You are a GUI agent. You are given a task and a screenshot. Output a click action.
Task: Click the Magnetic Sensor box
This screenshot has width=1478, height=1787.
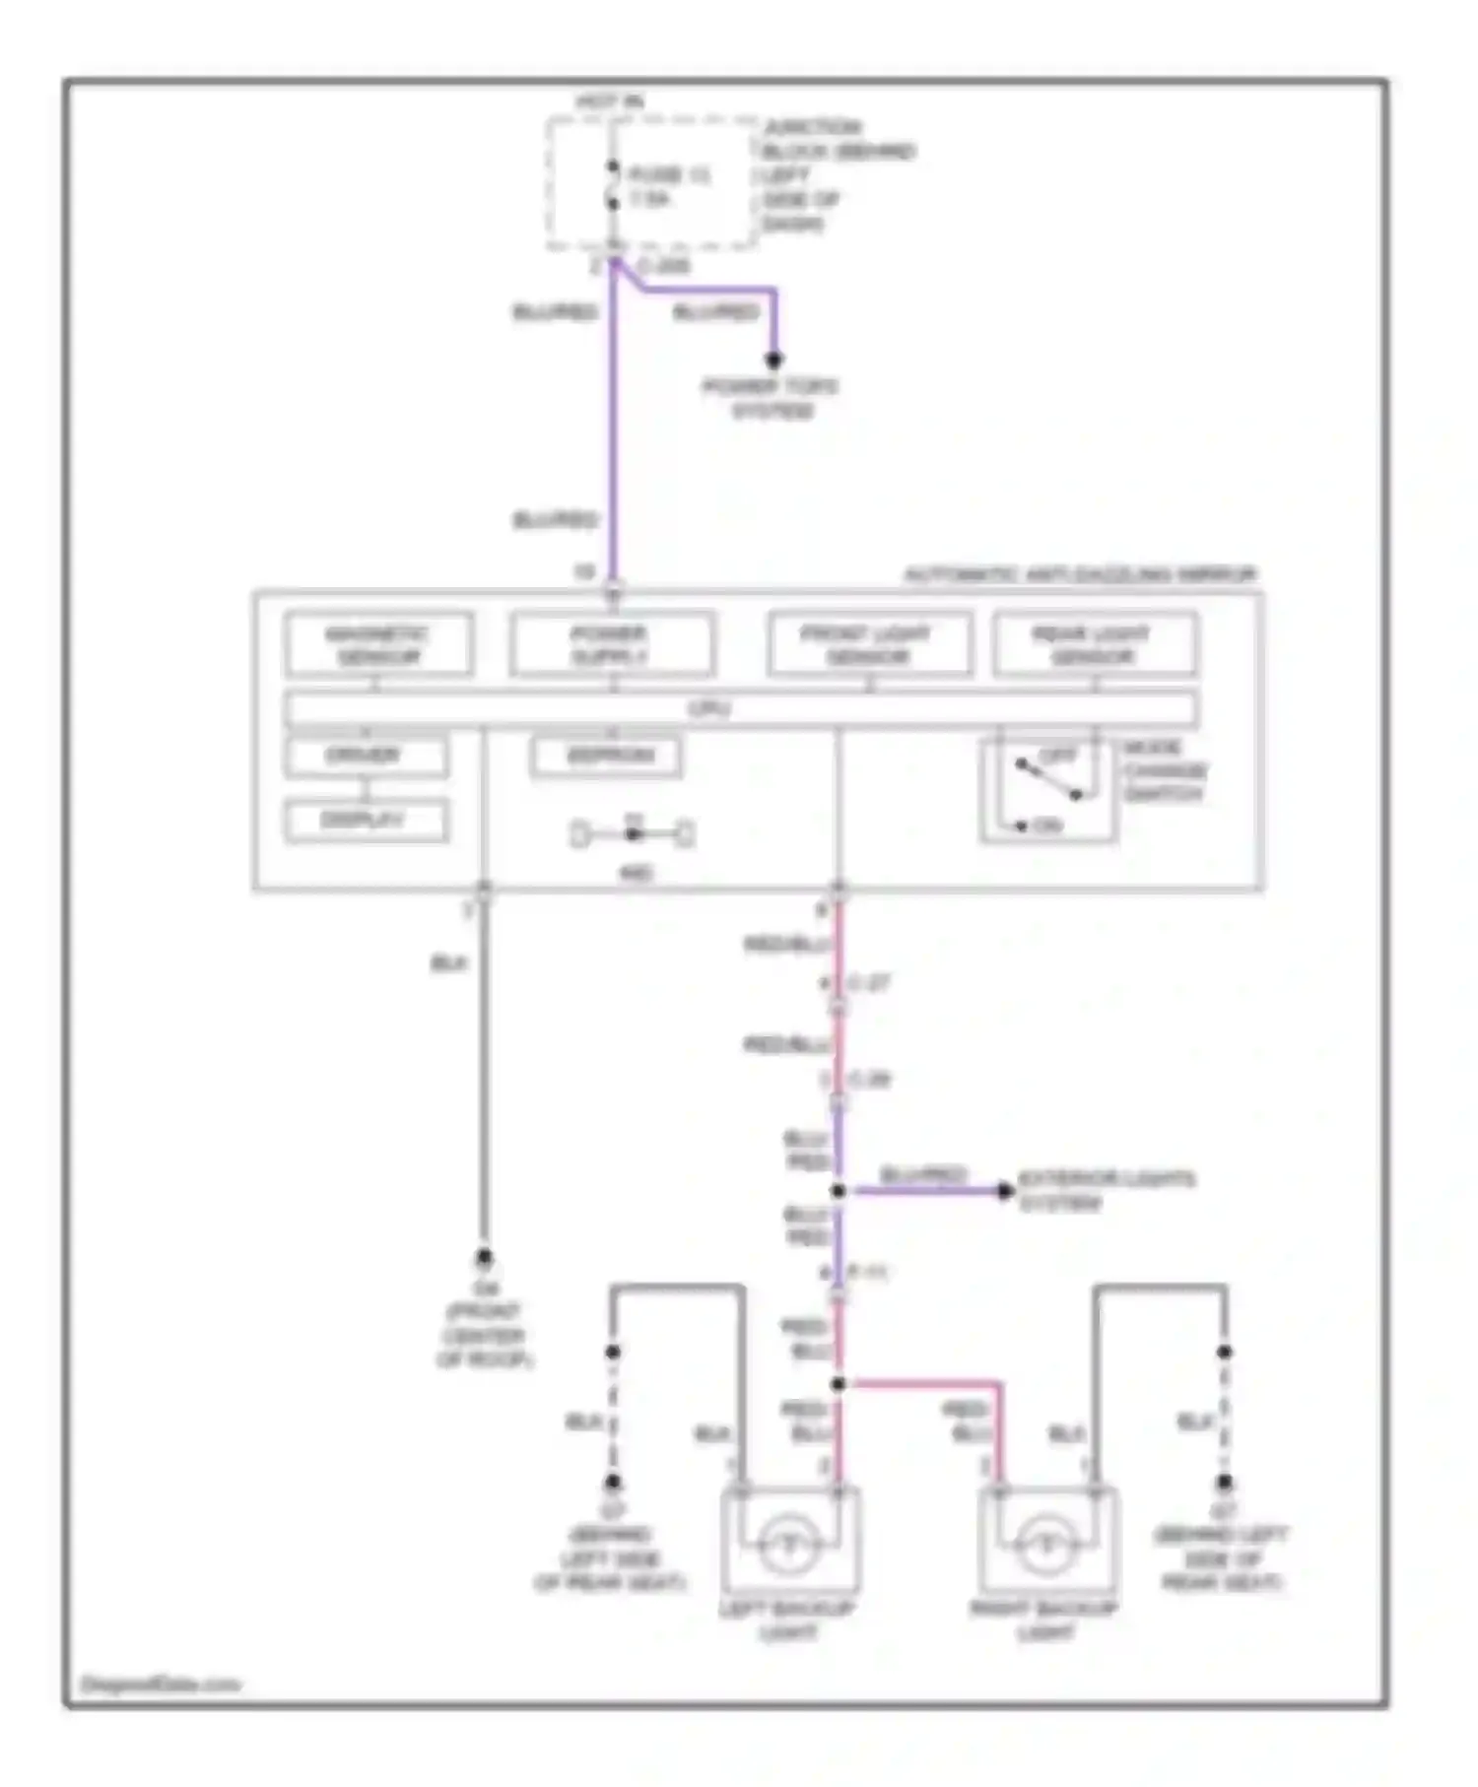point(378,644)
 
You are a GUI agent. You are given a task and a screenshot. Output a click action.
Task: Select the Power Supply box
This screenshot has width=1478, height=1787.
point(611,644)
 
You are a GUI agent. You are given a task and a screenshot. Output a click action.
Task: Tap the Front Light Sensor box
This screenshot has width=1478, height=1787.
point(869,644)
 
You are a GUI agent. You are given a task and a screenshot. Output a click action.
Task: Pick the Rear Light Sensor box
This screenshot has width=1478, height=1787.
point(1095,644)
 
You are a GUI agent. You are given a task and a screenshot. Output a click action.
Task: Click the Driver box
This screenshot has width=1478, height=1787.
point(366,756)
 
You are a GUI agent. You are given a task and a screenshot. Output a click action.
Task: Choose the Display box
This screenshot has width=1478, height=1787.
point(366,820)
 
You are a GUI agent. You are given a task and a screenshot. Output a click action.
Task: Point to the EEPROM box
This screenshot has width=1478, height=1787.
point(606,756)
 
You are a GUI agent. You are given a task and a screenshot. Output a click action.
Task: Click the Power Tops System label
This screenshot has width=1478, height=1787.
point(772,399)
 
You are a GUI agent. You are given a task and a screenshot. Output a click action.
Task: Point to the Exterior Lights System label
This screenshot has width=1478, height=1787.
point(1106,1190)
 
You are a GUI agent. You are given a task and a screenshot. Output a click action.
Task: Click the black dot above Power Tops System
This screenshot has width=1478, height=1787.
point(774,360)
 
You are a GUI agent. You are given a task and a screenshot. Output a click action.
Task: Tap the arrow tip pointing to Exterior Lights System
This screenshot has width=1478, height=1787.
point(1005,1191)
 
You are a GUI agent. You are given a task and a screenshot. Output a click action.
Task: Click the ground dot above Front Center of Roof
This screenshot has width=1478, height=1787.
point(484,1257)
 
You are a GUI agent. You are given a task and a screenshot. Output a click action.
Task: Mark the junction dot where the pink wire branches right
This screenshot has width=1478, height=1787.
point(838,1384)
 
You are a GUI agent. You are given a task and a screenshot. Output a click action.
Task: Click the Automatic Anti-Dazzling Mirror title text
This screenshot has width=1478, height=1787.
point(1080,574)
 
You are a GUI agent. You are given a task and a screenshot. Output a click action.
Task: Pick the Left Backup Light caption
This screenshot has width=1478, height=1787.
point(787,1620)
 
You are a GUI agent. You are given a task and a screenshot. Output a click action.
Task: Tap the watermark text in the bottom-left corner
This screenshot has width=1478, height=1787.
point(160,1685)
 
